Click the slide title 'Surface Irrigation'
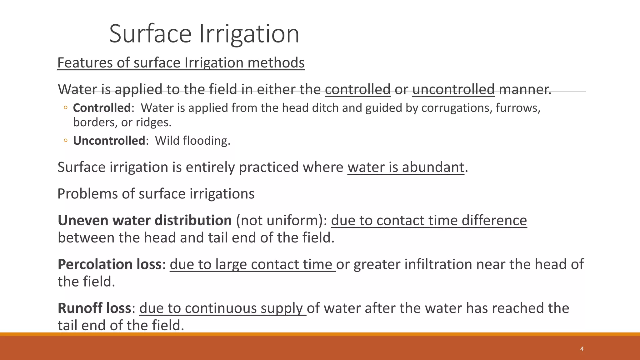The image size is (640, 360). point(204,33)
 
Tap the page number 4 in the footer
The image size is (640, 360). point(582,349)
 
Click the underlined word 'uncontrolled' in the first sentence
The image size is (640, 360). point(453,89)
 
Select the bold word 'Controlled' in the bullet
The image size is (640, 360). point(102,108)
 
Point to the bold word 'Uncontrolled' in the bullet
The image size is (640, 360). point(109,141)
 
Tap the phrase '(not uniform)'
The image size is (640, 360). point(281,220)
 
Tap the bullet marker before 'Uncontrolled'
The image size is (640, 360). point(65,141)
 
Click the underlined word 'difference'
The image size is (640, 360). point(494,220)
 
